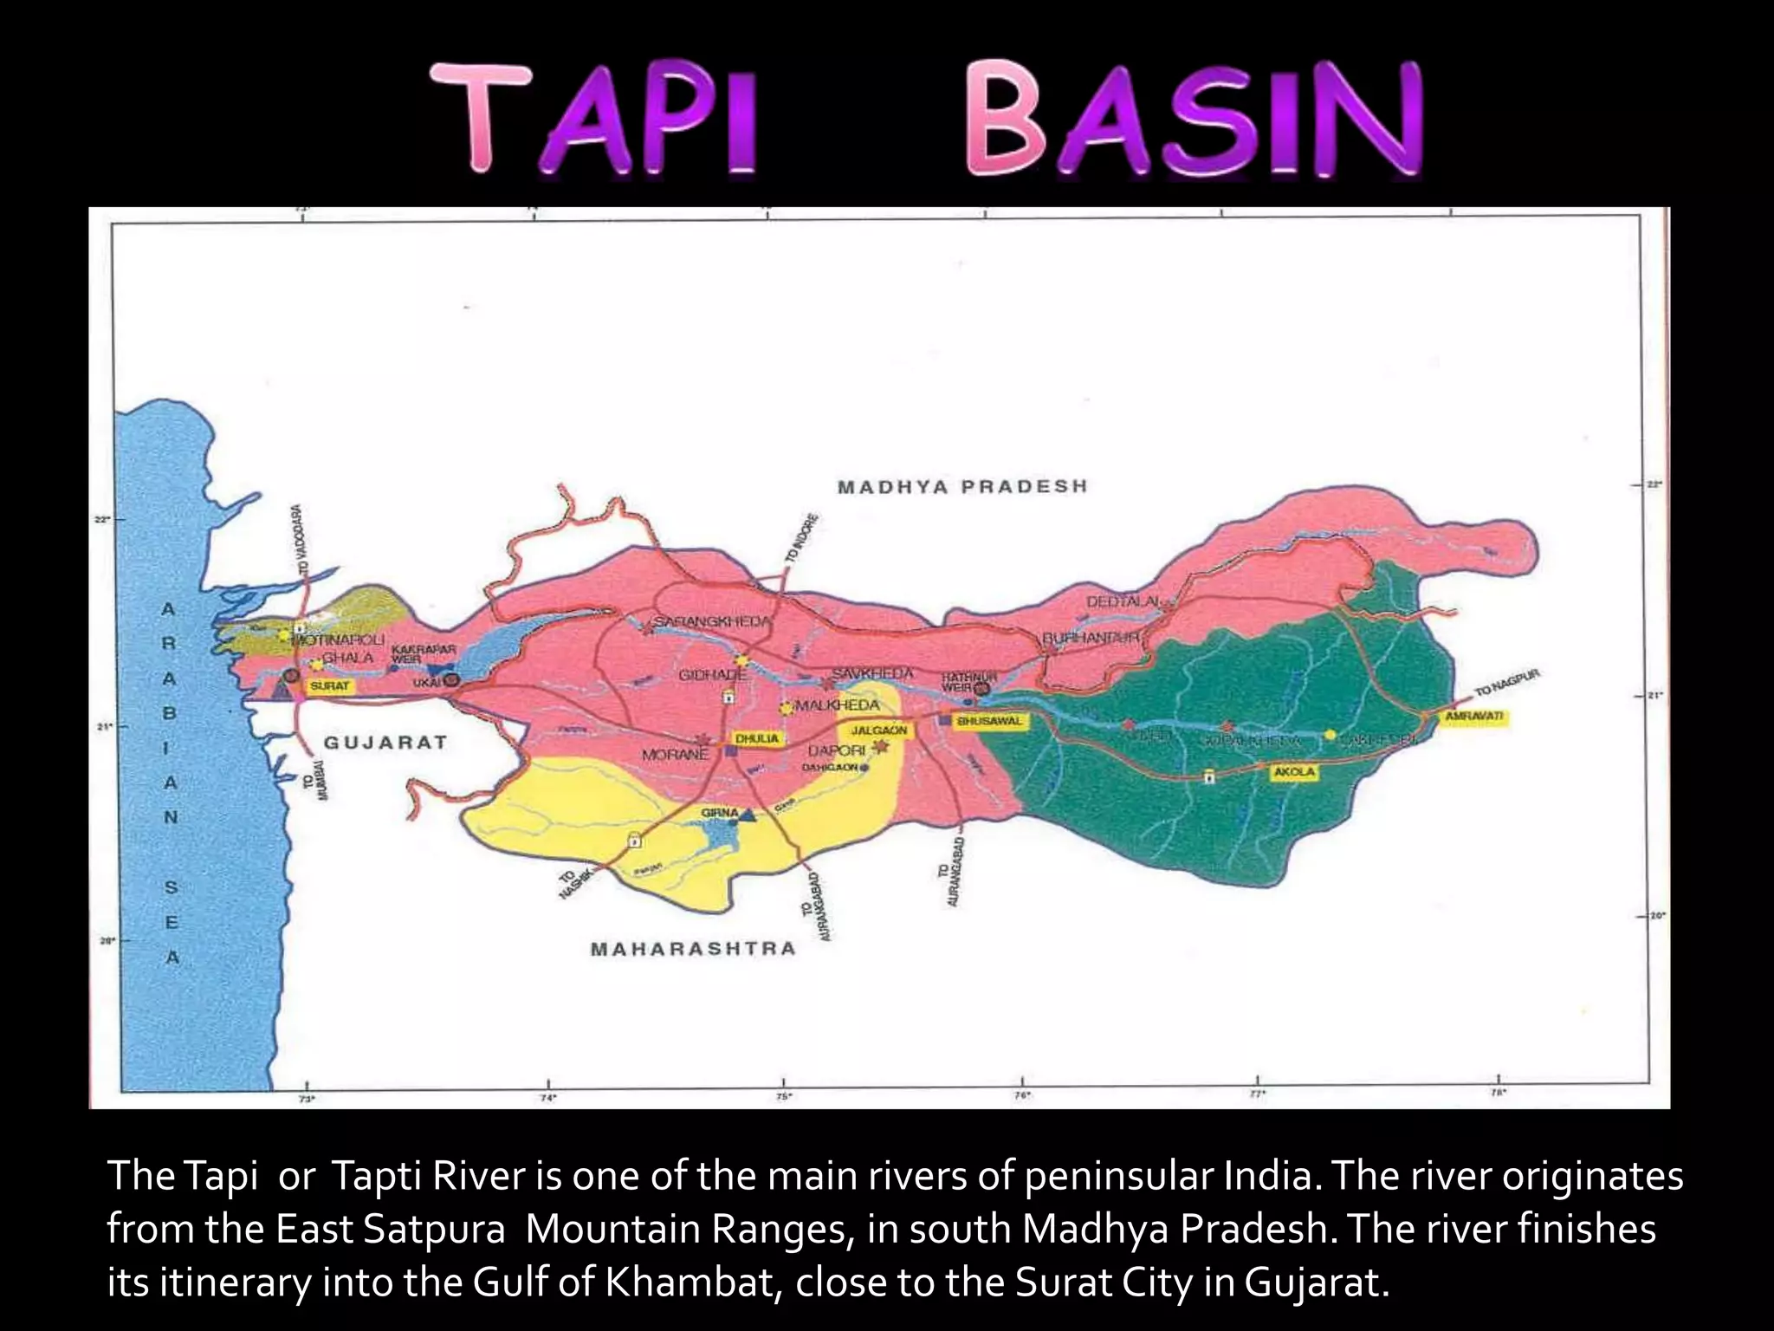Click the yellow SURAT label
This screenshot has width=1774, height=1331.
(330, 685)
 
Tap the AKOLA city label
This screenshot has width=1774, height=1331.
(1294, 771)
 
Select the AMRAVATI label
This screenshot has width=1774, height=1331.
(1474, 717)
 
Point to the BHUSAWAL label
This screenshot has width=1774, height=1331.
(989, 721)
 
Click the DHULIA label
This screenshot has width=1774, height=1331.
(758, 739)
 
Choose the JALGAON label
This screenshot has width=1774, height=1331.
(878, 730)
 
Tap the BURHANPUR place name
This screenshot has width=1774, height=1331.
(1091, 638)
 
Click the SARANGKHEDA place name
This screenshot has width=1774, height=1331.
(712, 621)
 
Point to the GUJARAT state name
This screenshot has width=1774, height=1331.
(385, 743)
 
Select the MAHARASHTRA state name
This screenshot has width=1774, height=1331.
(693, 949)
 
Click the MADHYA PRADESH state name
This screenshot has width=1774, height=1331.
(962, 486)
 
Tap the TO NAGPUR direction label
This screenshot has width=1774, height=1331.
(1508, 684)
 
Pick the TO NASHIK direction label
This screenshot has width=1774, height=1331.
(573, 883)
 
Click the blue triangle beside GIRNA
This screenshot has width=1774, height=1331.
(748, 815)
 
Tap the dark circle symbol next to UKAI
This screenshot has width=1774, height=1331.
(451, 683)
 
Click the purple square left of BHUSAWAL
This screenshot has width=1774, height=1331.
(944, 720)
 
